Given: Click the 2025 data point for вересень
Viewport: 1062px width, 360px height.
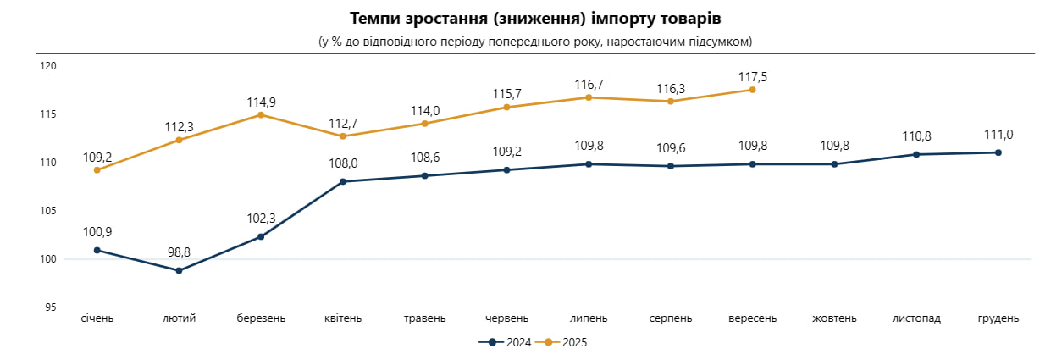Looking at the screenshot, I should click(752, 90).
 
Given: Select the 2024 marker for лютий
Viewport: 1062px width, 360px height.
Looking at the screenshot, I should click(179, 271).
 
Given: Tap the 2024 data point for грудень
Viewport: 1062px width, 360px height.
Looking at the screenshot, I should click(998, 152).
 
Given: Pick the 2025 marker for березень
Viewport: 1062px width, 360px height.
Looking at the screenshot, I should click(261, 114).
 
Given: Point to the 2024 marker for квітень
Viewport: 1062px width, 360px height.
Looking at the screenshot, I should click(343, 181).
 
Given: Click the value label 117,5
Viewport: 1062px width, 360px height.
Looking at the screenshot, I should click(752, 76).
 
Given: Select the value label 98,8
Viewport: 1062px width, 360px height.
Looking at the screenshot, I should click(179, 253).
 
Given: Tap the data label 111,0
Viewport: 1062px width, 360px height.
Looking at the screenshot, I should click(998, 135).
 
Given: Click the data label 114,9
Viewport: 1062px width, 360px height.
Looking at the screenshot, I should click(261, 102).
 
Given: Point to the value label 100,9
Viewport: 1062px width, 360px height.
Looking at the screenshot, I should click(97, 232).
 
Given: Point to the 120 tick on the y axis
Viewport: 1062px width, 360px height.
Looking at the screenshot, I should click(48, 66).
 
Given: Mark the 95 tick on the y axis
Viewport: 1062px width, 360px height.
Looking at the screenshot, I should click(51, 307).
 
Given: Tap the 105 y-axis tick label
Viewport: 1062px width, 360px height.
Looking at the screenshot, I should click(48, 211).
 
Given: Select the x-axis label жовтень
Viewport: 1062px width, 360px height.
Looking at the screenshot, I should click(834, 318).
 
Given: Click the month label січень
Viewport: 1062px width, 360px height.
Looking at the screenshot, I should click(97, 318).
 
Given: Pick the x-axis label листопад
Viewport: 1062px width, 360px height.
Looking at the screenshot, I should click(916, 318).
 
